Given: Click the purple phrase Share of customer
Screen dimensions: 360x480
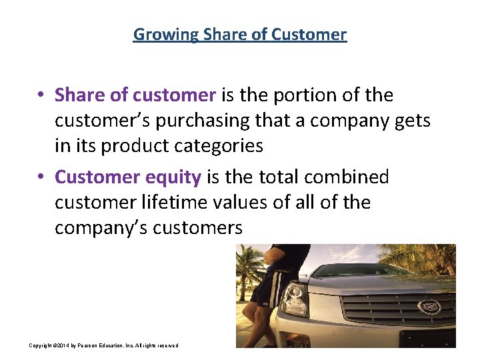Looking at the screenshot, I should click(x=135, y=95).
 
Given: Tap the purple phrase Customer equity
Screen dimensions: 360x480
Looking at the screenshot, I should click(x=128, y=177).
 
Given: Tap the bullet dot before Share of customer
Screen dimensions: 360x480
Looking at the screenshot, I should click(x=41, y=96).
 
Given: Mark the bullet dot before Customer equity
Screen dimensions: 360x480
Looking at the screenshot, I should click(x=41, y=177).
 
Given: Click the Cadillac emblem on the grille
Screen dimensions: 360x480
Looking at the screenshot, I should click(x=425, y=307).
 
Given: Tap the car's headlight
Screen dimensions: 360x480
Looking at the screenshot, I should click(x=293, y=301).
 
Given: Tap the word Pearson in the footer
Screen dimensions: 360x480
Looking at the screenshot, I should click(x=91, y=345).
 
